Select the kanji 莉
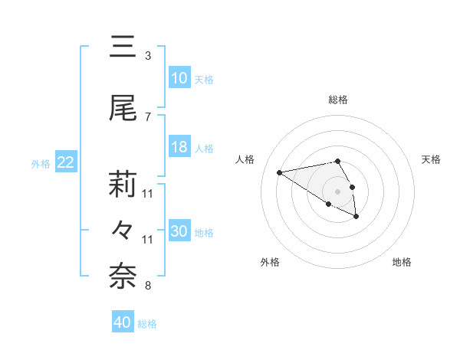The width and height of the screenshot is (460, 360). click(x=123, y=184)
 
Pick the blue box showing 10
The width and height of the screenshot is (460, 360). click(x=179, y=78)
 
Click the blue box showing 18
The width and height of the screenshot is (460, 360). click(x=179, y=147)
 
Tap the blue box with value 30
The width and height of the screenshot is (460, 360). click(x=179, y=231)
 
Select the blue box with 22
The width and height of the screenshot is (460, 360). click(x=66, y=162)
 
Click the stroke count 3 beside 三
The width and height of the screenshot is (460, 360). click(x=148, y=56)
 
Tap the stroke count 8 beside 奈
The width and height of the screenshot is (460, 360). click(x=148, y=286)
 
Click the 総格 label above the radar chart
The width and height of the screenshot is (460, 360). click(x=337, y=100)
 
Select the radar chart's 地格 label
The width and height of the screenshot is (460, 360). click(x=402, y=262)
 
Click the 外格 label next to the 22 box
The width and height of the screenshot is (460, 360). click(x=41, y=163)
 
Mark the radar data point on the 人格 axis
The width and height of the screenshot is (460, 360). click(x=279, y=172)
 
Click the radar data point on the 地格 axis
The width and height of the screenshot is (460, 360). click(x=356, y=217)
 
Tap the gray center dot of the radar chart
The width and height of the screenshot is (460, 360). click(x=337, y=191)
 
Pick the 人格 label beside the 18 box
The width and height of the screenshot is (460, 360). click(x=204, y=148)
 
